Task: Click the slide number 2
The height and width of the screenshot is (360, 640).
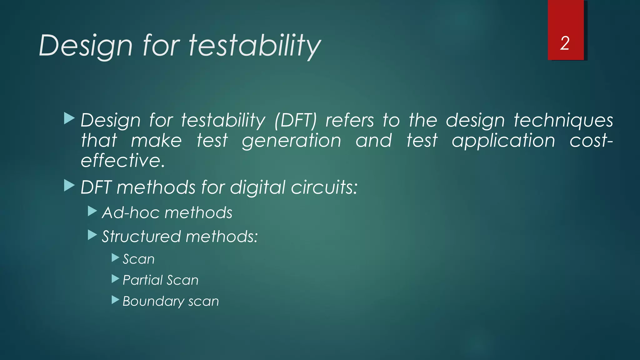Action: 565,43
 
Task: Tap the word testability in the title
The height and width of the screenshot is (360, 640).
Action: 254,46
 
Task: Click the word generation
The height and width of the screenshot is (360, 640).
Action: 292,141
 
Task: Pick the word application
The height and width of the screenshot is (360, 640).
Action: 503,141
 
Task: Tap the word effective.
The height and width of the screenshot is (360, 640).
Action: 122,161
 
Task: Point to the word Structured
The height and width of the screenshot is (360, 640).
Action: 142,237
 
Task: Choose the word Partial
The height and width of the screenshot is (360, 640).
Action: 141,280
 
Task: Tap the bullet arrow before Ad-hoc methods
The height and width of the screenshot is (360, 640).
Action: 92,211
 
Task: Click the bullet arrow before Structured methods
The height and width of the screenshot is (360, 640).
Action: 92,235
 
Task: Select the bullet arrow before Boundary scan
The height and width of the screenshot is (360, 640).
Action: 115,300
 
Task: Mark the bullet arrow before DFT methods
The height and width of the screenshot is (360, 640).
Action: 69,186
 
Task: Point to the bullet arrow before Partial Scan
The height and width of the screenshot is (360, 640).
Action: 115,279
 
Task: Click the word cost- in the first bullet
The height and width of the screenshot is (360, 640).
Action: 591,141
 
